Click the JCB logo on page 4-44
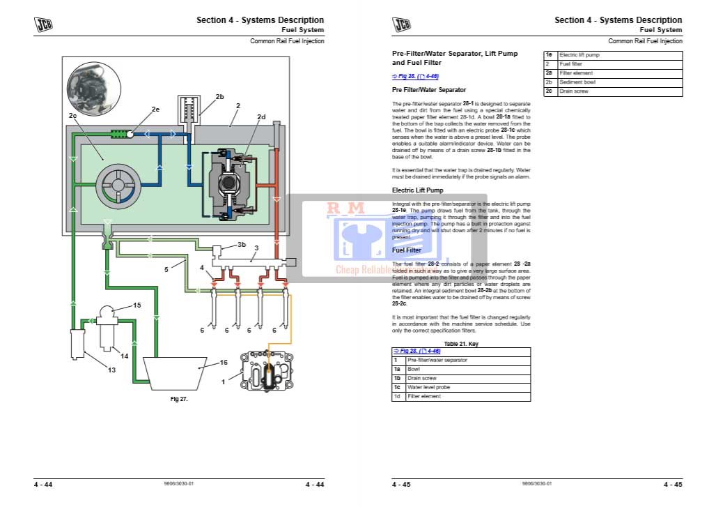pos(44,26)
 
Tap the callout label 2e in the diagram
pos(155,109)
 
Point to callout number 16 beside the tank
pos(224,363)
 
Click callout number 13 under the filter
pos(111,370)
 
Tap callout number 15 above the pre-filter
pos(137,305)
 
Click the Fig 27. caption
pos(180,399)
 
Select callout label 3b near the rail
pos(242,245)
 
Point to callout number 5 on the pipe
pos(166,268)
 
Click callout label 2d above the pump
pos(261,117)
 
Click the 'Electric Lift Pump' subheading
pos(417,190)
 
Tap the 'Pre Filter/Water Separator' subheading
pos(429,90)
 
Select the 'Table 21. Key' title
pos(461,344)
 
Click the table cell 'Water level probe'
pos(428,387)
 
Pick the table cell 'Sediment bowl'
pos(577,82)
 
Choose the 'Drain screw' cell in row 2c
pos(574,91)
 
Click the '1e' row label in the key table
pos(549,54)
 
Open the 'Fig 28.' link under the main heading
pos(415,76)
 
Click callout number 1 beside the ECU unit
pos(223,381)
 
